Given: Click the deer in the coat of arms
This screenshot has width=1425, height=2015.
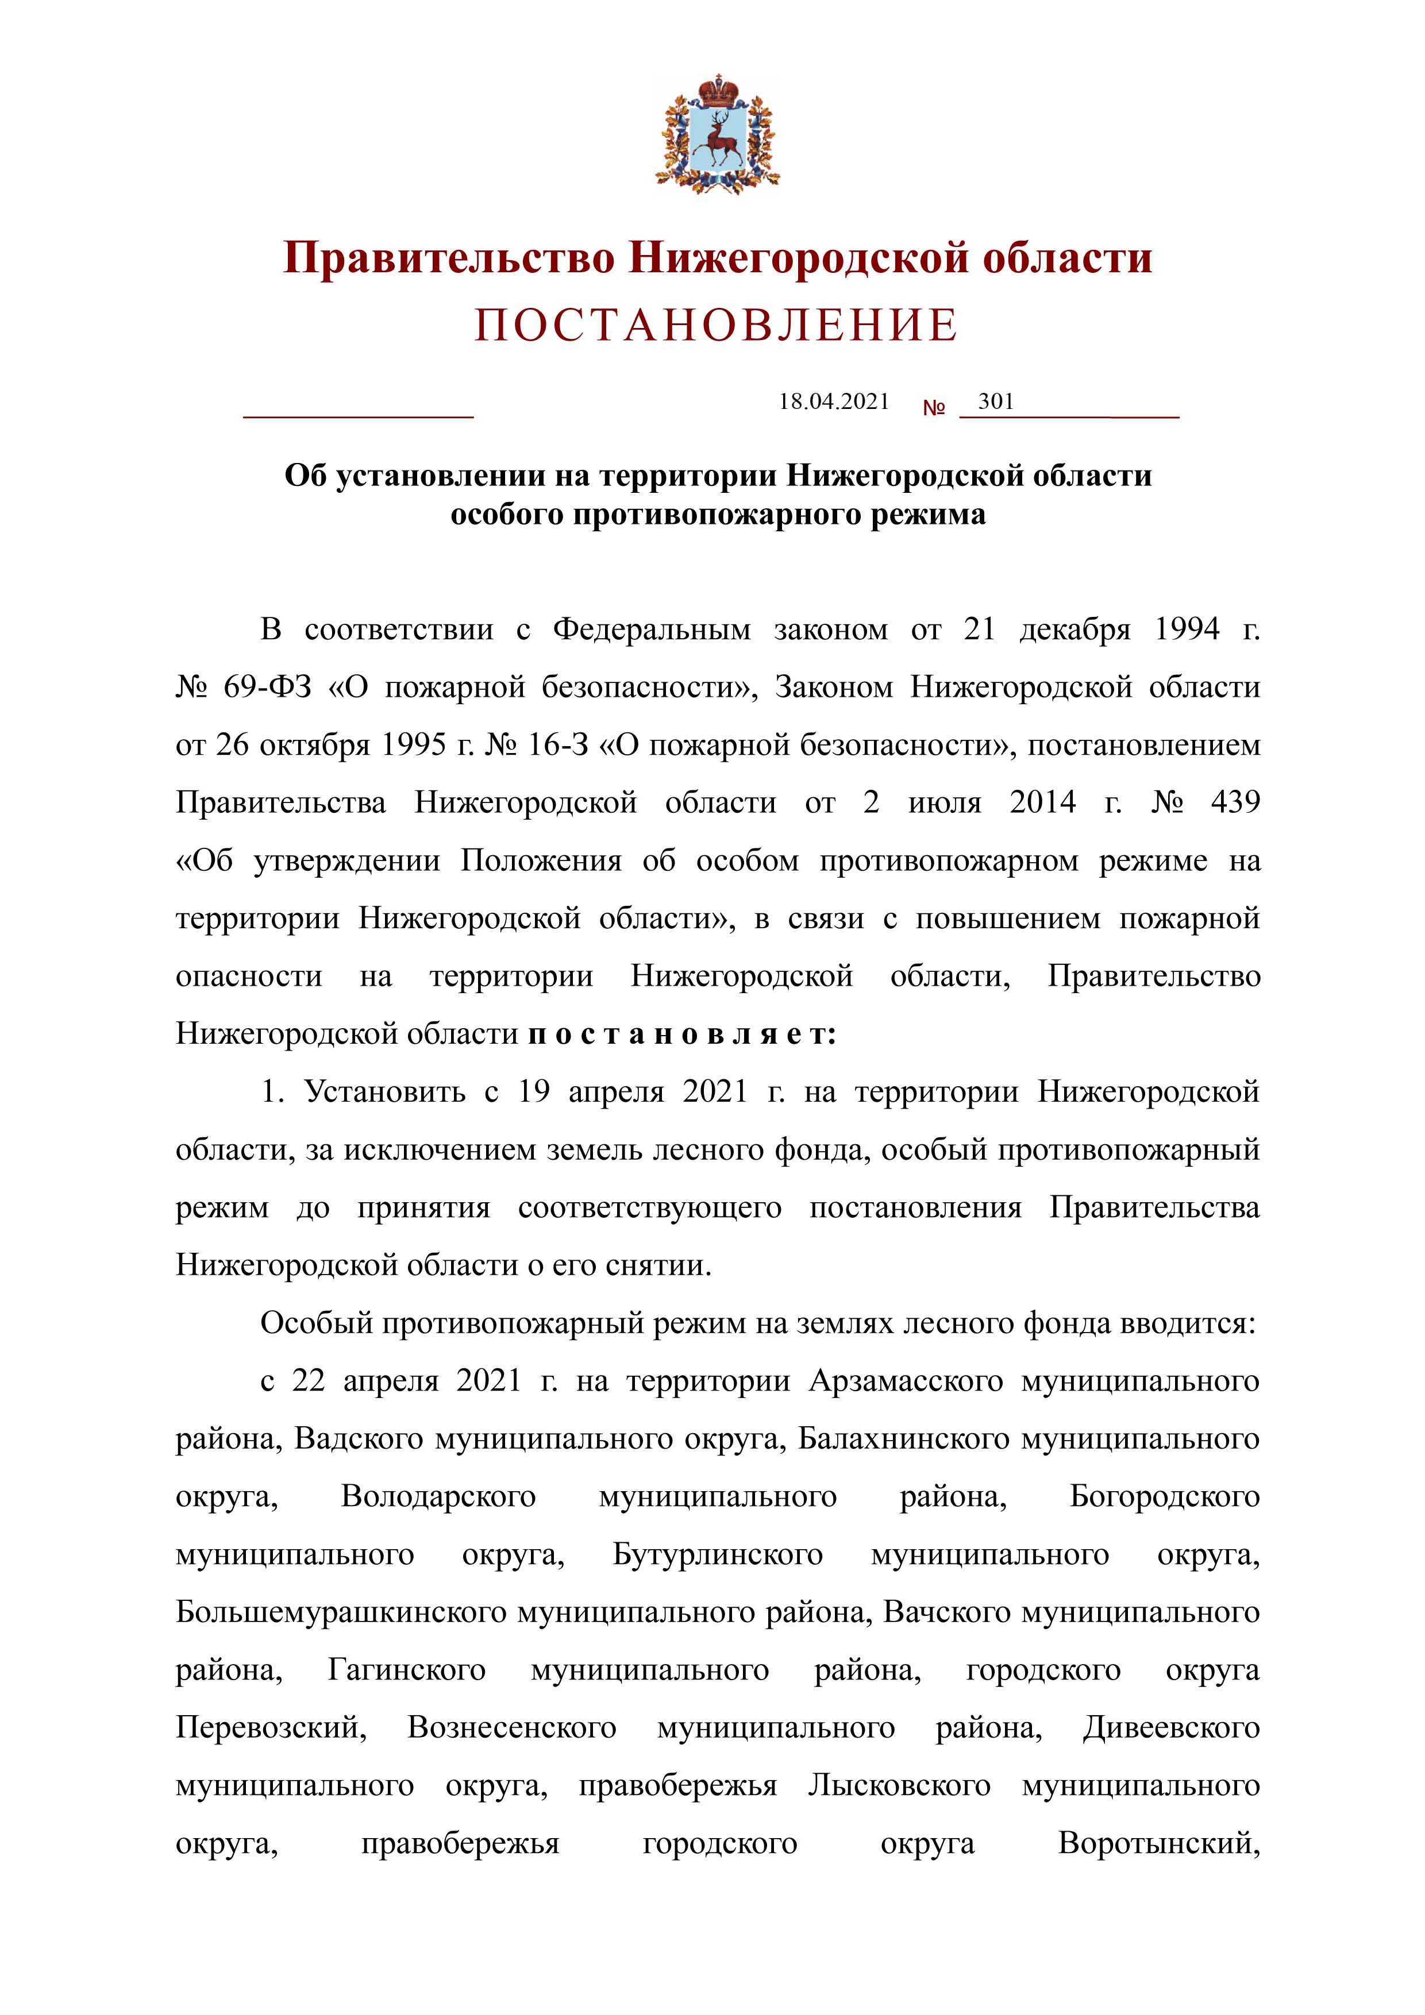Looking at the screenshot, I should pos(717,140).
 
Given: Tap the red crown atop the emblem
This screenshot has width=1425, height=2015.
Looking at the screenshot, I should pos(717,88).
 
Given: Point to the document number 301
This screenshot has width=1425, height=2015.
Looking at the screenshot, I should pos(996,402).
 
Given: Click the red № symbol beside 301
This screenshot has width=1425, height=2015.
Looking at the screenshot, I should pos(933,408).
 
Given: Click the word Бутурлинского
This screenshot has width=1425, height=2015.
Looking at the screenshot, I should pos(717,1554).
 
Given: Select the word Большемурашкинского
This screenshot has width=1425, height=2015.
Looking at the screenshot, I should pos(341,1612).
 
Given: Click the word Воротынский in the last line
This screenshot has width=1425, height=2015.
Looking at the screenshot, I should pos(1159,1844).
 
